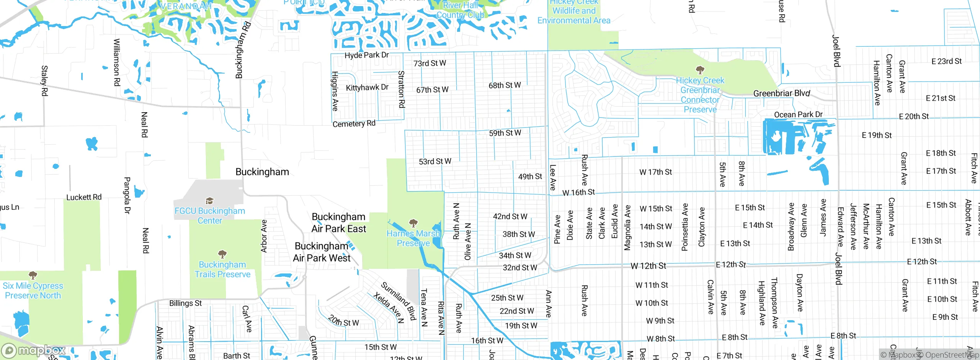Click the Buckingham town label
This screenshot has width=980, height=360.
click(x=262, y=172)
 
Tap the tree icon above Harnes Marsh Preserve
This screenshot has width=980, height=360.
click(x=413, y=223)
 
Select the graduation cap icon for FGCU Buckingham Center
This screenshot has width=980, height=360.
click(x=209, y=201)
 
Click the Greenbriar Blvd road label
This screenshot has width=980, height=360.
click(x=781, y=93)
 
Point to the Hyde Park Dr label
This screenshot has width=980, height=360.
click(x=366, y=55)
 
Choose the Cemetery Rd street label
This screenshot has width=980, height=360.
click(x=354, y=124)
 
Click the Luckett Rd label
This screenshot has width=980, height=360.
click(x=84, y=197)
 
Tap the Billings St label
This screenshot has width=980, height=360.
click(x=185, y=303)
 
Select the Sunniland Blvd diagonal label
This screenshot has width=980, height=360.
click(x=398, y=301)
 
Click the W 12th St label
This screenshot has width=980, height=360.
click(x=648, y=266)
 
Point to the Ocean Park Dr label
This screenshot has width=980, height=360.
click(x=798, y=115)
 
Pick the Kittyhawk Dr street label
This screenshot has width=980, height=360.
click(x=367, y=88)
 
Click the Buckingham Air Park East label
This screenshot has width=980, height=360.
click(x=339, y=223)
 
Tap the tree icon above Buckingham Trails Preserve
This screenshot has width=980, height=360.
click(x=222, y=254)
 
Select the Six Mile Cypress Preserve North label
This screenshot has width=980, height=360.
click(x=33, y=291)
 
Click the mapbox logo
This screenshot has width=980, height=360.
click(x=34, y=350)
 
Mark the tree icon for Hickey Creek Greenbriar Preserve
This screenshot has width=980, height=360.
click(x=700, y=70)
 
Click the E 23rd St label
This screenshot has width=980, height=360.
click(x=946, y=61)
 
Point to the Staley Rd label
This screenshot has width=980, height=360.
click(x=44, y=80)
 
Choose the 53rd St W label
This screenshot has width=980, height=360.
click(x=435, y=162)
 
